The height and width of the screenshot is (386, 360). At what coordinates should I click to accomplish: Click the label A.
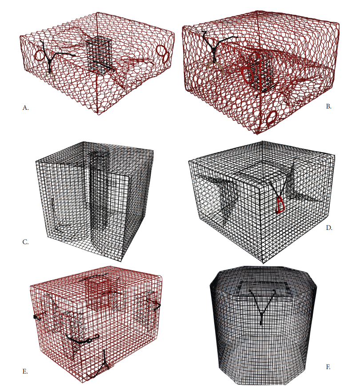(26, 108)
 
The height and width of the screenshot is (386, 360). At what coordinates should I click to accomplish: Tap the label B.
(328, 106)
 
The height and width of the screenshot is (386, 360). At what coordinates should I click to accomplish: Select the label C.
(26, 242)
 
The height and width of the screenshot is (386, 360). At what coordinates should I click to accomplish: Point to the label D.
(329, 228)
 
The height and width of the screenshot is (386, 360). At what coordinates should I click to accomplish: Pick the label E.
(25, 371)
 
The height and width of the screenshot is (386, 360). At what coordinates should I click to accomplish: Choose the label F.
(328, 367)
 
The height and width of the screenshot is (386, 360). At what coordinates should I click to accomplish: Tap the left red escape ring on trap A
(40, 56)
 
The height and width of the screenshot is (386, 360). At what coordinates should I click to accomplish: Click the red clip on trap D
(280, 204)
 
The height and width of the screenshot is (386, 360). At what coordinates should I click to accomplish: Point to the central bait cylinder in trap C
(98, 191)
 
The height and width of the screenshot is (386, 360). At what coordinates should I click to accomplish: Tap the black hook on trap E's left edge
(39, 316)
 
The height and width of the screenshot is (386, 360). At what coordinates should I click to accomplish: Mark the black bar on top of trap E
(94, 277)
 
